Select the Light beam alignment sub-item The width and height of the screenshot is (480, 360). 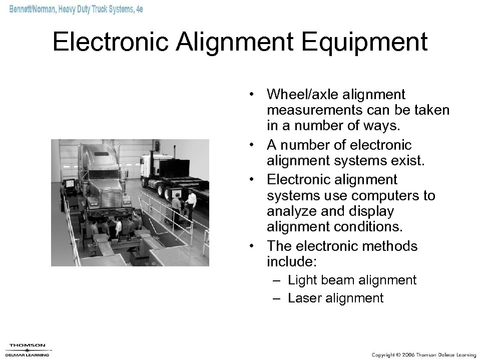click(352, 280)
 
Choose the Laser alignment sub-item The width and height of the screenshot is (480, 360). click(335, 298)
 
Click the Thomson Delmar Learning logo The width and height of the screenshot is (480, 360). click(28, 349)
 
